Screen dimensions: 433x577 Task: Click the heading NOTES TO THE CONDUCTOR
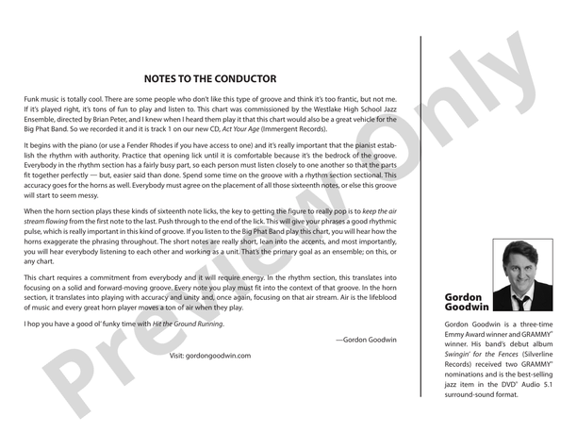click(210, 79)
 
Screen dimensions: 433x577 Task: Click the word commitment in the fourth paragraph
click(97, 280)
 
